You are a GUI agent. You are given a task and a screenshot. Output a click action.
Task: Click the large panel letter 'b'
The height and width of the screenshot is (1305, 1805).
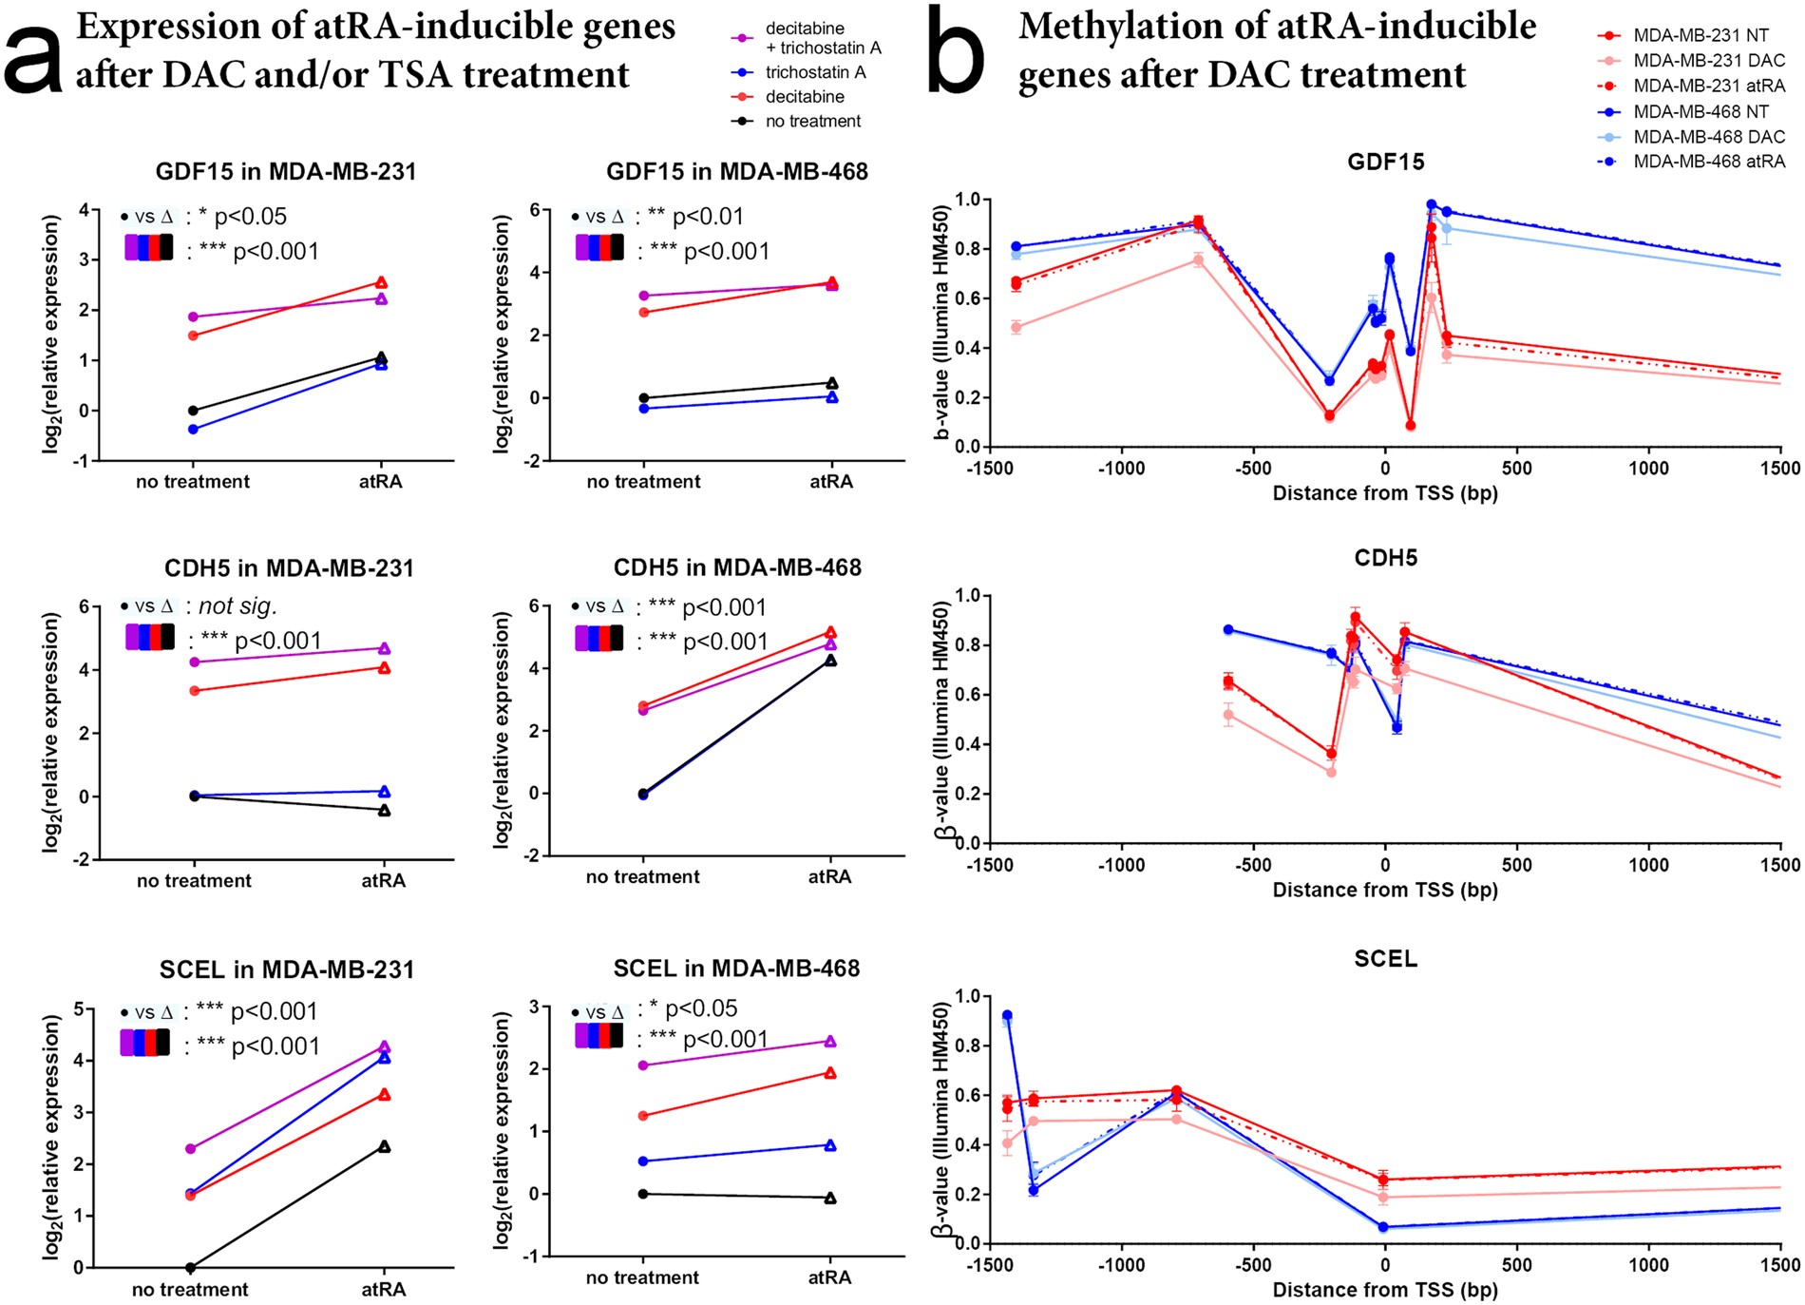[956, 52]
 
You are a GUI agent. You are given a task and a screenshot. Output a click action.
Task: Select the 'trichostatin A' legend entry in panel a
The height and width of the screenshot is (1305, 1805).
[815, 72]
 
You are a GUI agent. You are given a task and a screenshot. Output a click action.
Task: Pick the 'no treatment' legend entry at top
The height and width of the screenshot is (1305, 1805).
[812, 121]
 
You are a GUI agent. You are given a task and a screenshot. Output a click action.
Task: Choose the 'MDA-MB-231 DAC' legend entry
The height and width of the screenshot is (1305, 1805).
[1708, 60]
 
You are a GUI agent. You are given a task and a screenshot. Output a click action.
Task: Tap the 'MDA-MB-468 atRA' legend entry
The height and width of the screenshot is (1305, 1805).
[1708, 162]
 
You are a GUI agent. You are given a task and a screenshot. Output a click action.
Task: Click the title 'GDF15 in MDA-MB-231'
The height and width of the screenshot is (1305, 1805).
[286, 172]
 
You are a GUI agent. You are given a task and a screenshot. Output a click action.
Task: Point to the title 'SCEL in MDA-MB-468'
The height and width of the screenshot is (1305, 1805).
[736, 969]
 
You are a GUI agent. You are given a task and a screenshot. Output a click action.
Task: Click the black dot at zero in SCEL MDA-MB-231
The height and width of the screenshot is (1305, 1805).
[191, 1267]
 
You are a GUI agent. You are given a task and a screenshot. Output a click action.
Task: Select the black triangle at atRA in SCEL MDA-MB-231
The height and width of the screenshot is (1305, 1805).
[384, 1147]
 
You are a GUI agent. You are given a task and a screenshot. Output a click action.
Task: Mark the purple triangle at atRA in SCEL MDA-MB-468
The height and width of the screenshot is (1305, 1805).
[830, 1042]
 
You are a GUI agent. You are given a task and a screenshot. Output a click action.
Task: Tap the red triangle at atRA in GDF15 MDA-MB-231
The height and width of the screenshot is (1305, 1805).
[381, 282]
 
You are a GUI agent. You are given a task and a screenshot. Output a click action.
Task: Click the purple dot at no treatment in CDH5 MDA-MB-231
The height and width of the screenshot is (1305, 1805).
[194, 662]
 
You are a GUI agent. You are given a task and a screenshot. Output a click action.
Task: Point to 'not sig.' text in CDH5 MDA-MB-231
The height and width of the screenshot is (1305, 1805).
[237, 606]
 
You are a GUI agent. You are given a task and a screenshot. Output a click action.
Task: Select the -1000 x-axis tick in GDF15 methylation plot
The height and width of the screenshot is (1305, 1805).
[1121, 468]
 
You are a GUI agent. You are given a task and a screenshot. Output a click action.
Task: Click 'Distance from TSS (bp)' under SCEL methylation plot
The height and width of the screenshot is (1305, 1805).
[1384, 1290]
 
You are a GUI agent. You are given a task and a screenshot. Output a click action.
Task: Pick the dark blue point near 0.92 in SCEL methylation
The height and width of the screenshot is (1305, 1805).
[1007, 1015]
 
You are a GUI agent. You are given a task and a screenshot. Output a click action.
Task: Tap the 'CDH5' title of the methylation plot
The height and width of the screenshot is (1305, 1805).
[1385, 558]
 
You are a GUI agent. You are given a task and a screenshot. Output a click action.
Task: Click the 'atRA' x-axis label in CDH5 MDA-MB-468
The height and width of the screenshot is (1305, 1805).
[829, 876]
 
